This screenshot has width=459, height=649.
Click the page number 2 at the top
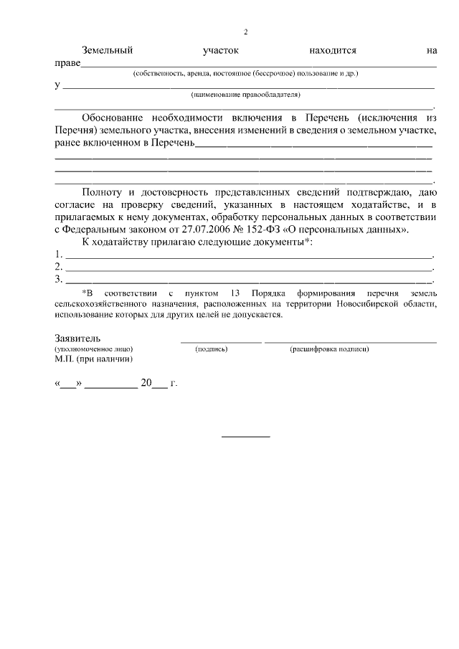pyautogui.click(x=245, y=32)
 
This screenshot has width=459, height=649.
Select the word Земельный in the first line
pyautogui.click(x=108, y=51)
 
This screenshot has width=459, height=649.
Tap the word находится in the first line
pyautogui.click(x=333, y=51)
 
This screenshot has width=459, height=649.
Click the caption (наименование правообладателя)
pyautogui.click(x=245, y=95)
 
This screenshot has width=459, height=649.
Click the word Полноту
pyautogui.click(x=103, y=193)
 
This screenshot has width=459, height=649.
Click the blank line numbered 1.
pyautogui.click(x=249, y=255)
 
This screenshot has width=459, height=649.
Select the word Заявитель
pyautogui.click(x=77, y=338)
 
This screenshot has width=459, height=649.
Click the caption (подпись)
pyautogui.click(x=212, y=349)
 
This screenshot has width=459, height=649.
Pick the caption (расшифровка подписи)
pyautogui.click(x=329, y=349)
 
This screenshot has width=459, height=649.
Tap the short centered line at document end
pyautogui.click(x=245, y=436)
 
